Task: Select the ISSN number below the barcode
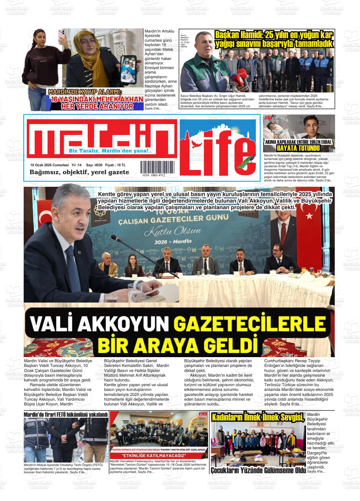[153, 175]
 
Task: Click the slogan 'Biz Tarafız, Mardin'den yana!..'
[110, 151]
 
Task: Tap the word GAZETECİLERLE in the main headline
[249, 324]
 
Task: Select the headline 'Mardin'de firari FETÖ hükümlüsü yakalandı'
[66, 414]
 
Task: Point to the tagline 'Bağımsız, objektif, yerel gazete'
[79, 172]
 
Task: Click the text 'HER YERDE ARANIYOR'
[97, 106]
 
